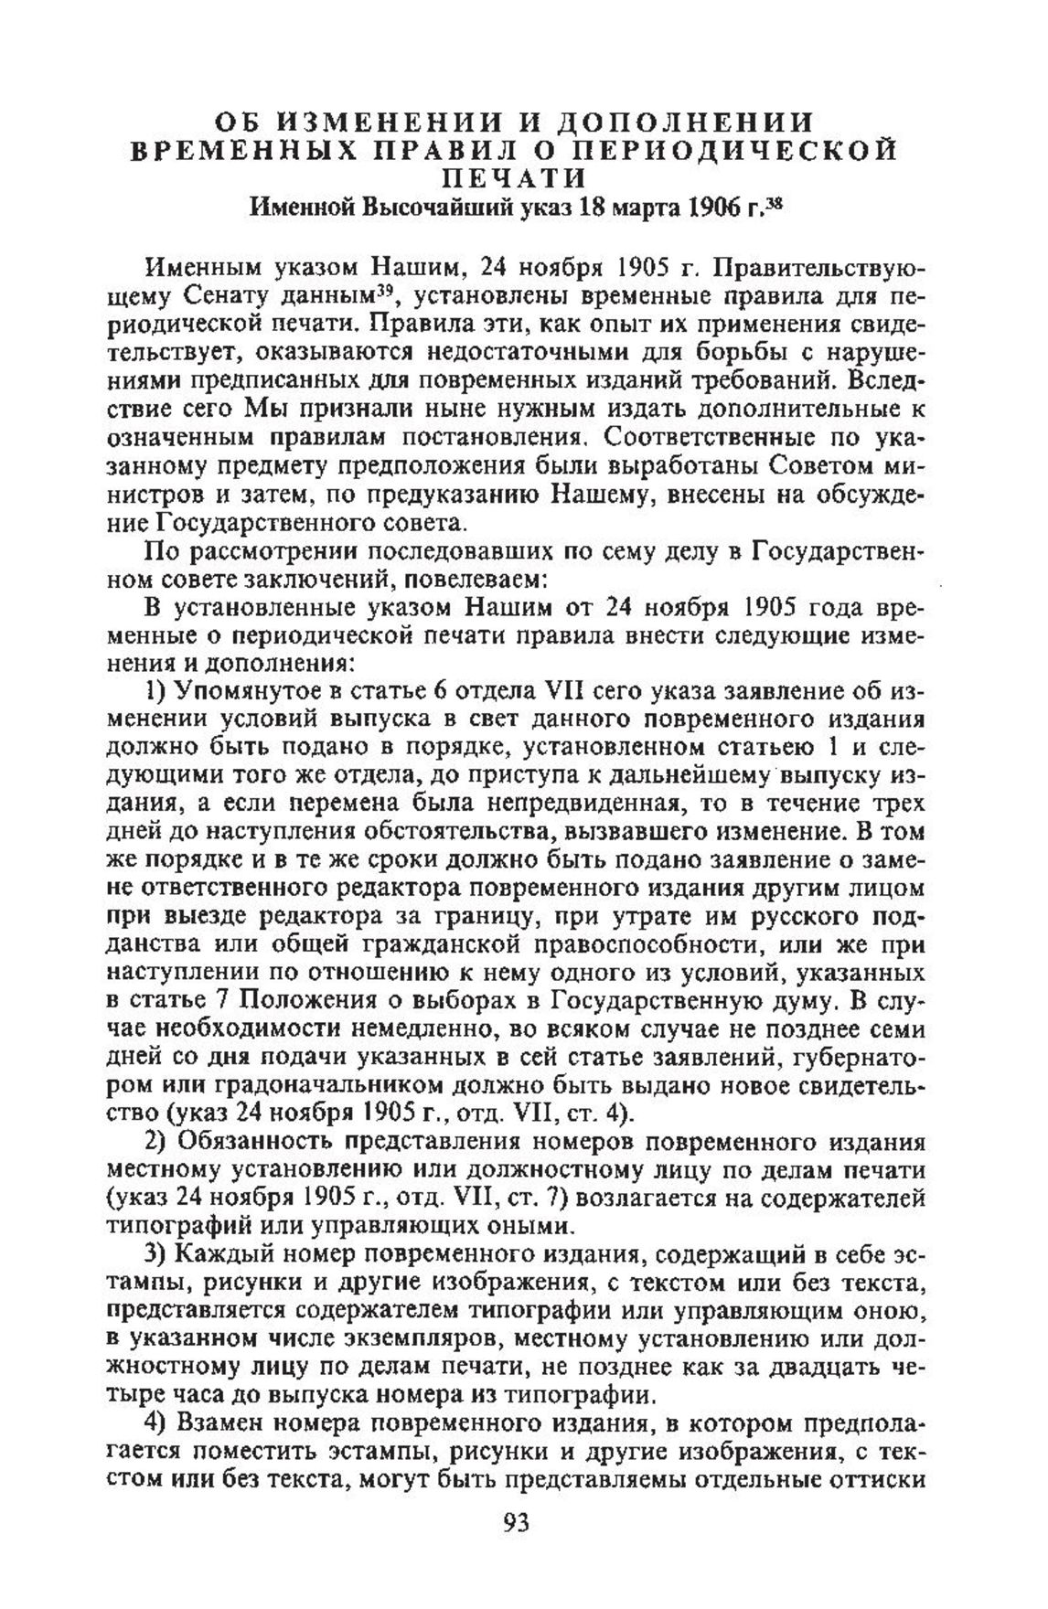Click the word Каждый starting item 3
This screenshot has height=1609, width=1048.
pyautogui.click(x=226, y=1253)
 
